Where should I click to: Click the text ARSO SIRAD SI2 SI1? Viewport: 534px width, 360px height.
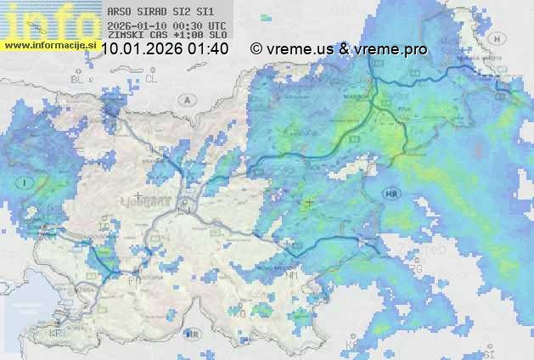[155, 13]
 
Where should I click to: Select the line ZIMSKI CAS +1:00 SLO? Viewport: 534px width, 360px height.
[167, 36]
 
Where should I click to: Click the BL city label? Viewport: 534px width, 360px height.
[79, 79]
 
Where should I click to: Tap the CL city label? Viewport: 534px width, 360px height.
[151, 78]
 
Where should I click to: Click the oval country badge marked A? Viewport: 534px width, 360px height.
[186, 100]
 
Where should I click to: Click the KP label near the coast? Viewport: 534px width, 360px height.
[56, 334]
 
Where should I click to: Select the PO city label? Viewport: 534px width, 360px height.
[134, 279]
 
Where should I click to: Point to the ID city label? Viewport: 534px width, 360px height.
[103, 228]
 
